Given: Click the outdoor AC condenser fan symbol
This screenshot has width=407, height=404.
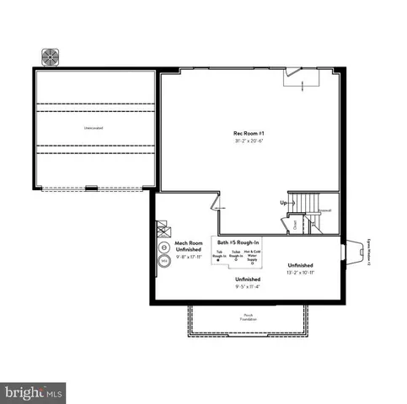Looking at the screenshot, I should [51, 56].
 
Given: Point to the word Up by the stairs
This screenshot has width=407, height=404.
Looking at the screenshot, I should [283, 203].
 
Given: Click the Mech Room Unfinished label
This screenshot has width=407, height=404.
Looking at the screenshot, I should [187, 246].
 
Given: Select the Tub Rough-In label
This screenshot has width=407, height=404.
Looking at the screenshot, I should [220, 255].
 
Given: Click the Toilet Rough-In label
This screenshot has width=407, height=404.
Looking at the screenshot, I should [236, 255].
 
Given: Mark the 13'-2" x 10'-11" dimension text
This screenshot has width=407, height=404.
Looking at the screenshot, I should [300, 272].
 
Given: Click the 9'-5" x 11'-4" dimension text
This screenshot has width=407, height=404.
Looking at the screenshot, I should [248, 286].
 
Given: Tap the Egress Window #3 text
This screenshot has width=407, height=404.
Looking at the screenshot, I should [368, 251].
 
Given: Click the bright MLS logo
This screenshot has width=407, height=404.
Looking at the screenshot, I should [34, 391].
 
